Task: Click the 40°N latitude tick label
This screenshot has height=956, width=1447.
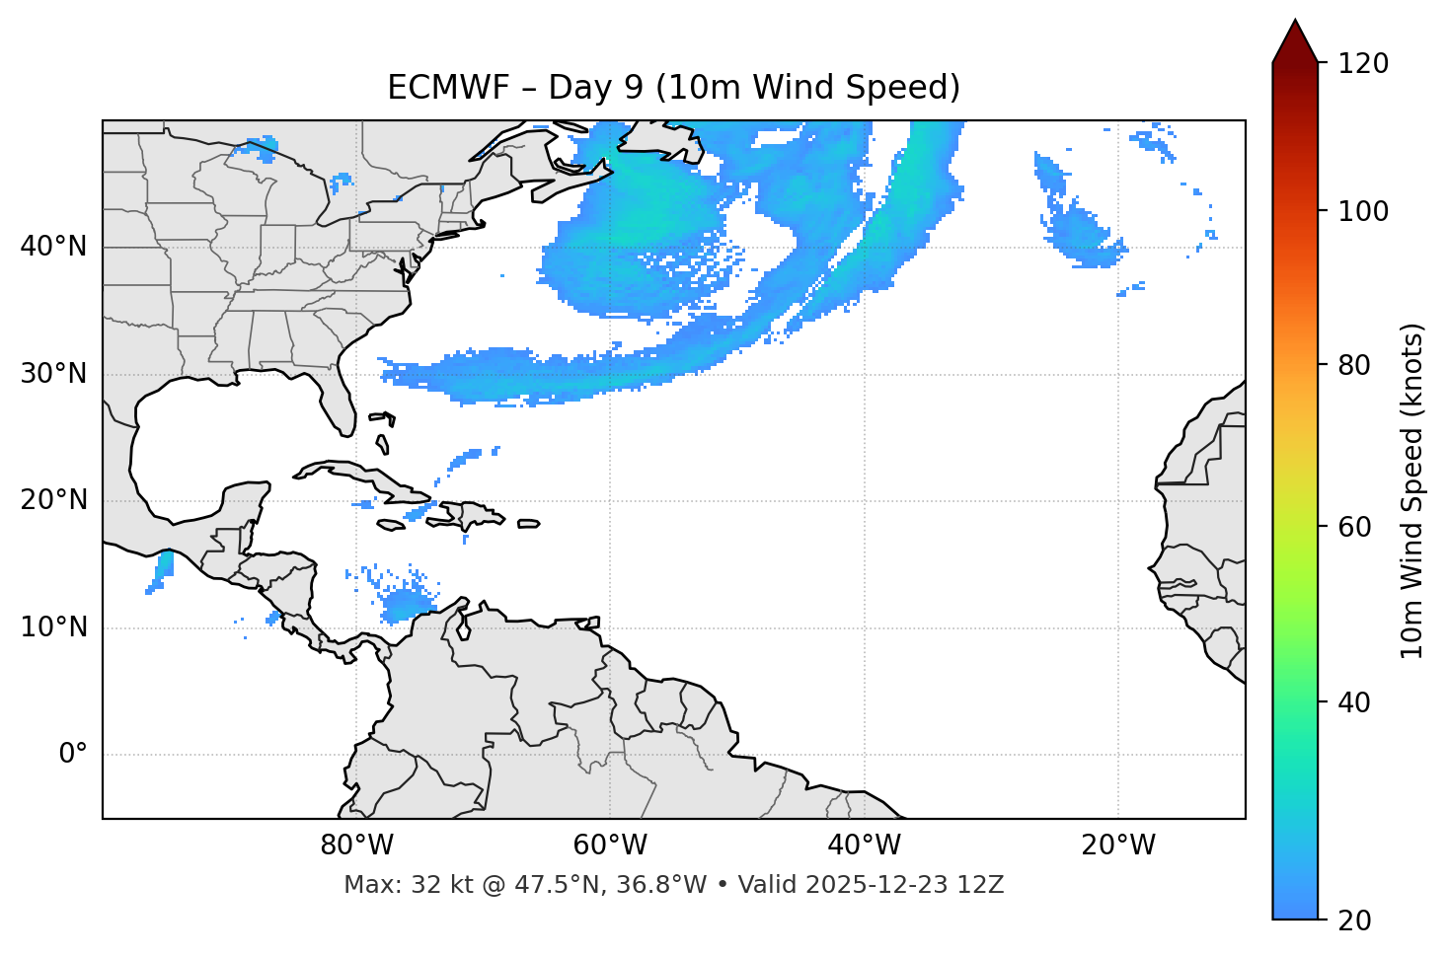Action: pos(53,247)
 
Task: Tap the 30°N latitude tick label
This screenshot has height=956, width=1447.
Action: pos(53,374)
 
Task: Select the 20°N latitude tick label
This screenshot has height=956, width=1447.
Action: pos(53,500)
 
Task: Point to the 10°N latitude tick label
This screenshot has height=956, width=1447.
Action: pos(53,627)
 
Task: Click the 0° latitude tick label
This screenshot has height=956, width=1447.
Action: pos(73,755)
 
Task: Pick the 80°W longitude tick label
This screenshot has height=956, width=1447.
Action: pos(356,846)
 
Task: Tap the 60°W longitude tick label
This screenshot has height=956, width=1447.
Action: pos(610,846)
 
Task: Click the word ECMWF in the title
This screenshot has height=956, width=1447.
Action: pos(433,88)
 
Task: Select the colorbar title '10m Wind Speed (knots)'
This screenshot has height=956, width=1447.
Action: pos(1412,490)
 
